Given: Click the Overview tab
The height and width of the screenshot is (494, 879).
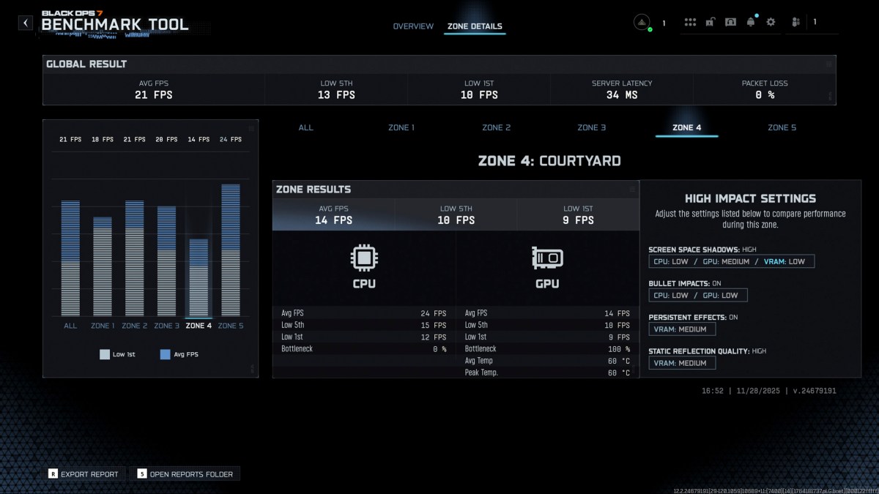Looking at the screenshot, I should (413, 26).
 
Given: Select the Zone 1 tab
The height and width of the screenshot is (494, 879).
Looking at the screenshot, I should (401, 127).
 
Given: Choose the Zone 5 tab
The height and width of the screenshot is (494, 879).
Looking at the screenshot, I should (782, 127).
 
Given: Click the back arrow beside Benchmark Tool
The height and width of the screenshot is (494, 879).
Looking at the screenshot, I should (26, 23).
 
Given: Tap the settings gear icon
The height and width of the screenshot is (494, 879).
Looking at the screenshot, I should (771, 22).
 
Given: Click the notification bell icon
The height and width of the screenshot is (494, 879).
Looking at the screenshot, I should (750, 22).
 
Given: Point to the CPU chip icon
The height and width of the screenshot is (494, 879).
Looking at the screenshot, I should (364, 258).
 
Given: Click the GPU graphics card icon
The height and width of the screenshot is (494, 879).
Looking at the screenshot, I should (547, 258).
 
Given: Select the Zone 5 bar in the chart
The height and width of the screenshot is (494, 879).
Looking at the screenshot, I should (231, 249).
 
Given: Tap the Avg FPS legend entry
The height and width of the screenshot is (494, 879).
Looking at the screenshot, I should (179, 354).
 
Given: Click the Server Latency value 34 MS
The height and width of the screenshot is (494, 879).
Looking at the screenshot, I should (622, 95).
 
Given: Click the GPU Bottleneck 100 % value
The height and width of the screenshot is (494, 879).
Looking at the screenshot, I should (620, 349).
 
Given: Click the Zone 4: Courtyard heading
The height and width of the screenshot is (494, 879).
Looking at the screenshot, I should (549, 161).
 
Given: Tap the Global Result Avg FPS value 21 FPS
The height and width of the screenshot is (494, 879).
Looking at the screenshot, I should (154, 95).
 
